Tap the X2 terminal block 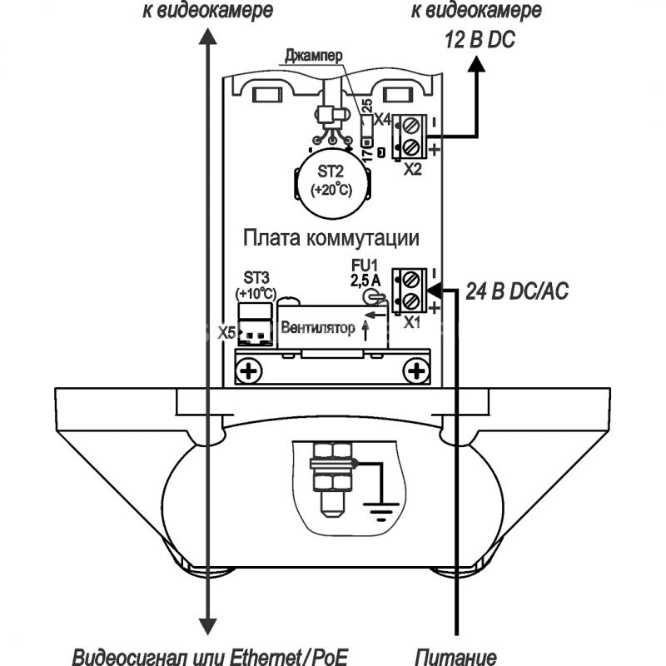pos(410,135)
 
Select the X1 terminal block pos(410,288)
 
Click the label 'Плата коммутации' pos(331,237)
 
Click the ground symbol pos(381,511)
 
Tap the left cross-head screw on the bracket pos(248,369)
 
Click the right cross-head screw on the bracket pos(415,369)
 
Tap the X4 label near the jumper pos(381,120)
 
